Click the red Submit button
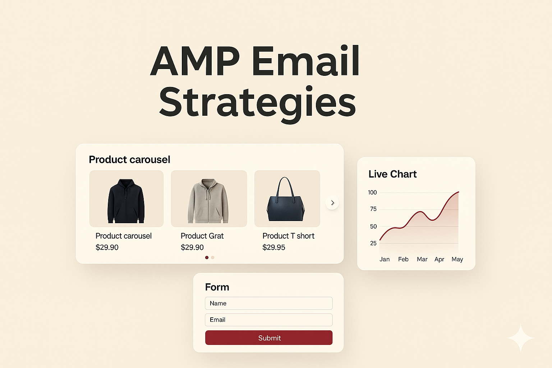[x=269, y=338]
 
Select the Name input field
[x=269, y=303]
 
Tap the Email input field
[x=269, y=320]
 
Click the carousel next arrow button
[x=332, y=203]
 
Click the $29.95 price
[x=274, y=248]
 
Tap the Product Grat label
[x=202, y=236]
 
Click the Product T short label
[x=288, y=236]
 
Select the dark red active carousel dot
[x=207, y=258]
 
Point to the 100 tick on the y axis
[x=372, y=193]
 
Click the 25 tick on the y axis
[x=373, y=243]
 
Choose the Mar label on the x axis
[x=422, y=259]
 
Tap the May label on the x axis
[x=457, y=259]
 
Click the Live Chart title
[x=392, y=174]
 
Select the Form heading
[x=217, y=287]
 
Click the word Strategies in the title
[x=257, y=102]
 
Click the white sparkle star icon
[x=521, y=338]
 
